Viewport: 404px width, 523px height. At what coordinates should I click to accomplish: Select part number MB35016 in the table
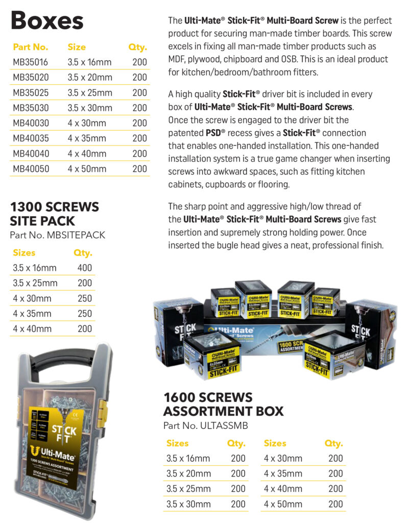[31, 62]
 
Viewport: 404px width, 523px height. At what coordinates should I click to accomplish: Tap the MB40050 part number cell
[31, 169]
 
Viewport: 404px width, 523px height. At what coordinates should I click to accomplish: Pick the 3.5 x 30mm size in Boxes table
[89, 108]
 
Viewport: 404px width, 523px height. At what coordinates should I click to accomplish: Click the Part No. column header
[31, 47]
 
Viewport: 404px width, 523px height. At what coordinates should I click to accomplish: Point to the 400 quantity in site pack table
[84, 268]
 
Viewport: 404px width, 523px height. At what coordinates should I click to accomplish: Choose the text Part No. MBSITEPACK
[57, 235]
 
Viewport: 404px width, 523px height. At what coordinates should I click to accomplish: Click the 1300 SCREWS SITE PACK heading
[55, 214]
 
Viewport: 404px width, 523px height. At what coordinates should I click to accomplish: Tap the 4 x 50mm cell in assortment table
[283, 504]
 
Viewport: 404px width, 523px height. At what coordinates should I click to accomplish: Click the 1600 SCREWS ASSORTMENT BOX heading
[223, 404]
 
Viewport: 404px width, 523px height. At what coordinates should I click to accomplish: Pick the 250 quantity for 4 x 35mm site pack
[84, 314]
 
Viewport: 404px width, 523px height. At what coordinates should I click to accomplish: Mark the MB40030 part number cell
[31, 123]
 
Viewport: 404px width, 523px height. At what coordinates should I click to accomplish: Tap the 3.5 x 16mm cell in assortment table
[188, 458]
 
